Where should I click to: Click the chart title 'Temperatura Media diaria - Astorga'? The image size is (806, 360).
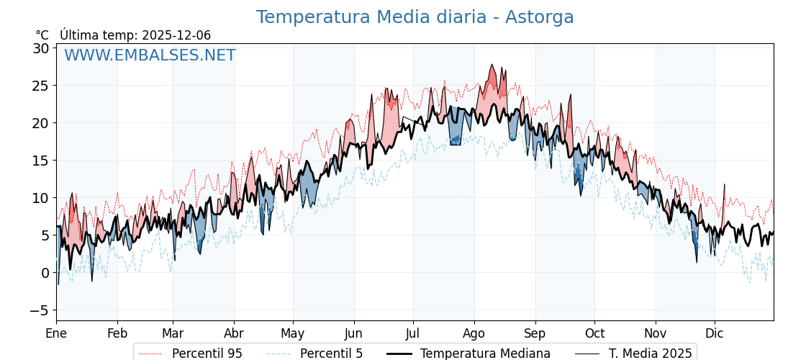(x=415, y=17)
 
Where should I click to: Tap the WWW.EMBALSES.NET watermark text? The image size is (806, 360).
(x=150, y=55)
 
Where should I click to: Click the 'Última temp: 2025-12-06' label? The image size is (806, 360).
(x=135, y=35)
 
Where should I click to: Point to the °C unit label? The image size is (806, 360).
(x=42, y=35)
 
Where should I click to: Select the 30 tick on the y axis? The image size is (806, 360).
(x=40, y=48)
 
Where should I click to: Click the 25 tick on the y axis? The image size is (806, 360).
(x=40, y=86)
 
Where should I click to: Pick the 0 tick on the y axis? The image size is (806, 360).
(x=45, y=273)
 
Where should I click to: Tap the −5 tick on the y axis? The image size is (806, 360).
(x=40, y=310)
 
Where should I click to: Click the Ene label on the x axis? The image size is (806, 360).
(x=56, y=334)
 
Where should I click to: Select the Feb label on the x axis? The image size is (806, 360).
(x=117, y=334)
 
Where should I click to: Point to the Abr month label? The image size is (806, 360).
(x=234, y=334)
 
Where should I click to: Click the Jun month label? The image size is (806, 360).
(x=353, y=334)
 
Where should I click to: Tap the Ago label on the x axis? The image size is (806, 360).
(x=474, y=334)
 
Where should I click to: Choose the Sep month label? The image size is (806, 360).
(x=535, y=334)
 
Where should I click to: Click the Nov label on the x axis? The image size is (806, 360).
(x=656, y=334)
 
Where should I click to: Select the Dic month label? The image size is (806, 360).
(x=715, y=334)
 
